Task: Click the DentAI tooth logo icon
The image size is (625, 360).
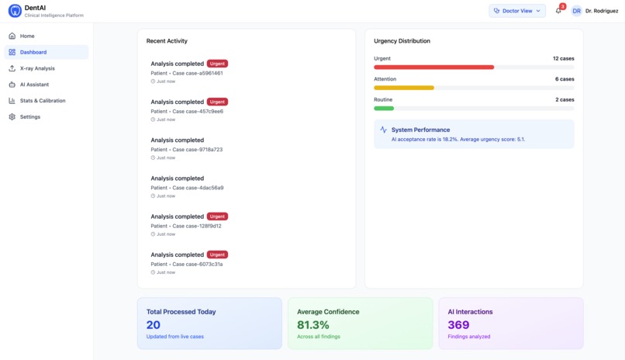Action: click(15, 11)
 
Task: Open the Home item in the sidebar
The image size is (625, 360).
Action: click(27, 36)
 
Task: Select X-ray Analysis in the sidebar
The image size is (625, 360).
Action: click(37, 68)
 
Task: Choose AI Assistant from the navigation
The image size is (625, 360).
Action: click(34, 85)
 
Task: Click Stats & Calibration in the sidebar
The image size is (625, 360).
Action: click(43, 101)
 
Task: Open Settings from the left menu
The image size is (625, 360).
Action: click(30, 117)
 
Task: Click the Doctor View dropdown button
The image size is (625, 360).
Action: click(517, 11)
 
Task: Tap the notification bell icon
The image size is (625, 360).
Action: click(558, 11)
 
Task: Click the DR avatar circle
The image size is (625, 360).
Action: click(577, 11)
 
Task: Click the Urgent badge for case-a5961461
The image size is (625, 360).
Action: click(217, 64)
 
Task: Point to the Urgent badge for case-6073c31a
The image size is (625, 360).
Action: click(217, 254)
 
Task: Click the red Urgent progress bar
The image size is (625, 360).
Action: click(433, 67)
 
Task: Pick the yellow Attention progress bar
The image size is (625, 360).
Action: click(404, 88)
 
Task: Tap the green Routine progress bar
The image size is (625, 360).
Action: click(384, 109)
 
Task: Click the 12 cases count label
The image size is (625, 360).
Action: click(563, 58)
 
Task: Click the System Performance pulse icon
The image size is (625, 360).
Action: click(383, 130)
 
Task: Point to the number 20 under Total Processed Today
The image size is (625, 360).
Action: click(154, 325)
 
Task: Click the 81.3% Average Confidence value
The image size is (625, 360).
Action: click(313, 325)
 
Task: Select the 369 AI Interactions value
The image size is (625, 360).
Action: click(458, 325)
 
